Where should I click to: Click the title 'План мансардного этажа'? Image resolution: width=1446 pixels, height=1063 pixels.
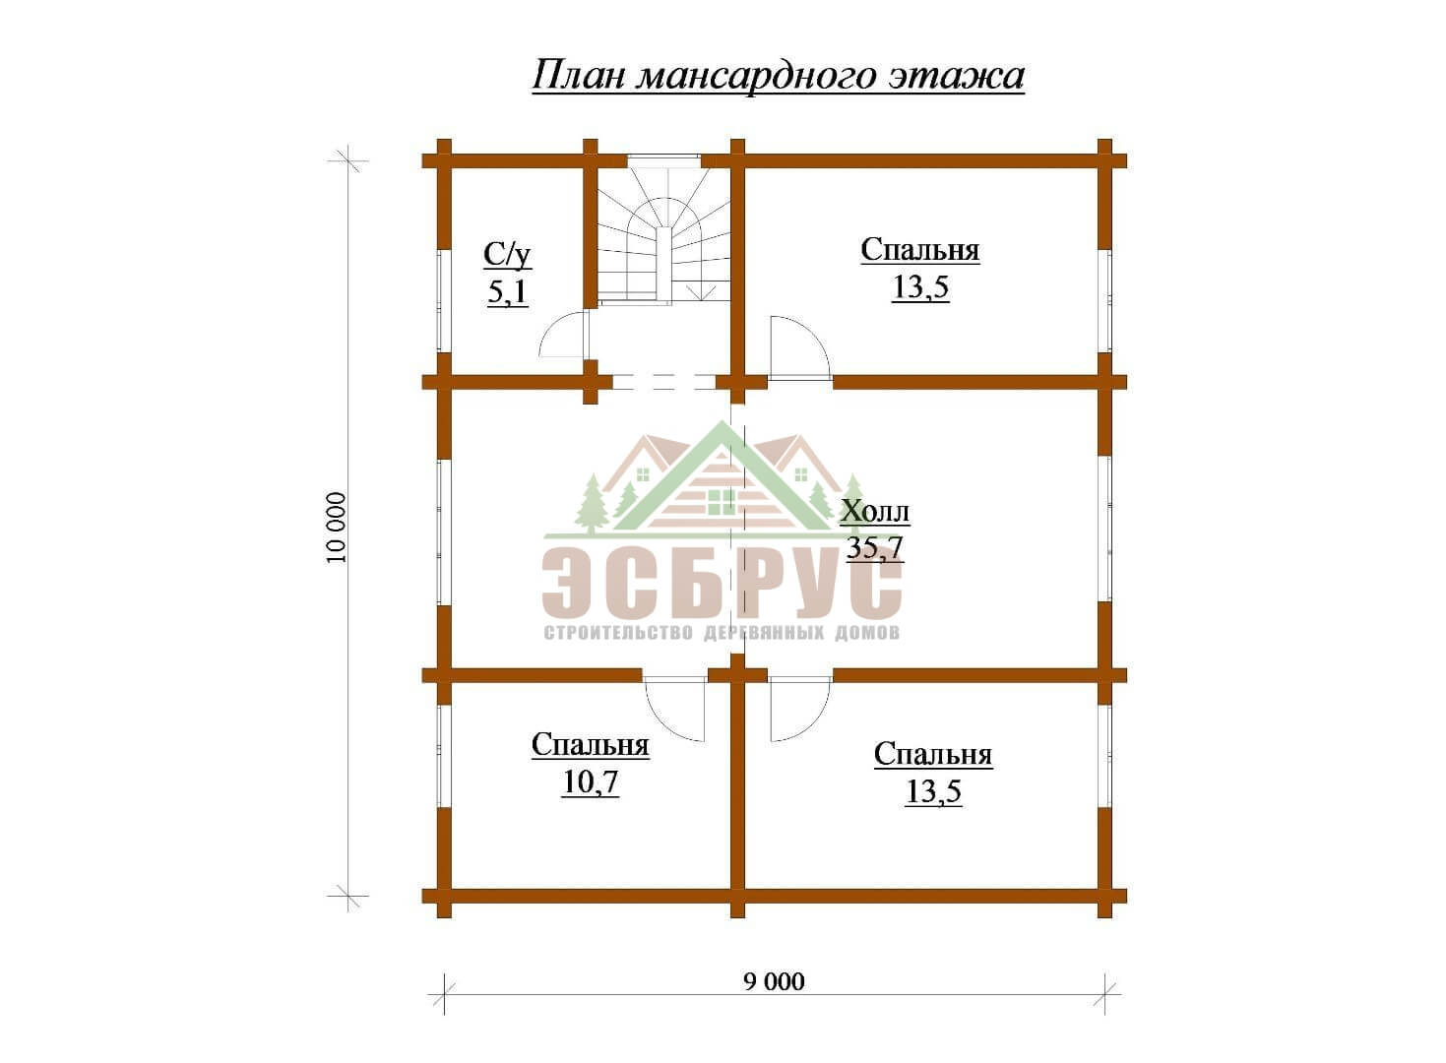tap(778, 76)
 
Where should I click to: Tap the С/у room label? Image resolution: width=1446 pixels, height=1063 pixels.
tap(508, 256)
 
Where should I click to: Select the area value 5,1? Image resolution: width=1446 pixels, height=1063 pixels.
tap(507, 292)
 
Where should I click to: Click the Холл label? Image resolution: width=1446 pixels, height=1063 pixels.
tap(875, 512)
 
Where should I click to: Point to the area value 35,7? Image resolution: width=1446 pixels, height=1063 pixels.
tap(875, 548)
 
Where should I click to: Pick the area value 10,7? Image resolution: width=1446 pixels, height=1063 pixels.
tap(591, 782)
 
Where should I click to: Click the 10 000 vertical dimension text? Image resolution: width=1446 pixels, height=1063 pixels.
tap(337, 528)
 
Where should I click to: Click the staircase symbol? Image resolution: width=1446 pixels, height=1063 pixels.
tap(664, 236)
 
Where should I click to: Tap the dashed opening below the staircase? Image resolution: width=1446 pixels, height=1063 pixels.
tap(664, 382)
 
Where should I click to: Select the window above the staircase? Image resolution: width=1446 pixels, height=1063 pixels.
tap(664, 160)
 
